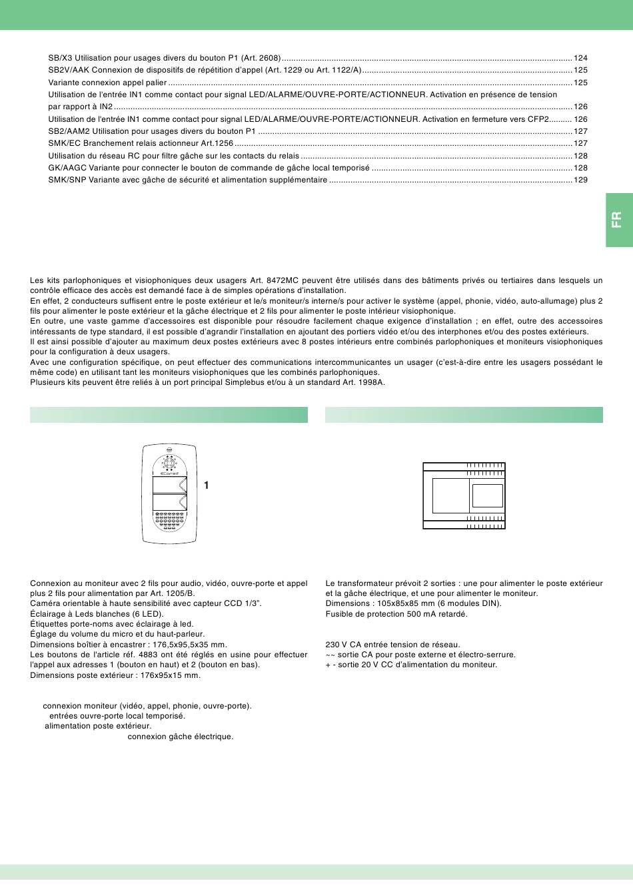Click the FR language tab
pyautogui.click(x=618, y=220)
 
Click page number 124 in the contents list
pyautogui.click(x=580, y=59)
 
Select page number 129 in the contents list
pyautogui.click(x=580, y=180)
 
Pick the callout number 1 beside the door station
pyautogui.click(x=207, y=486)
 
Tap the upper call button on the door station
pyautogui.click(x=169, y=485)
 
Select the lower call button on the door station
pyautogui.click(x=169, y=503)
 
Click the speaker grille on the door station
pyautogui.click(x=169, y=520)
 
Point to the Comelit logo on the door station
pyautogui.click(x=169, y=473)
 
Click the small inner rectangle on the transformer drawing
pyautogui.click(x=487, y=496)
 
